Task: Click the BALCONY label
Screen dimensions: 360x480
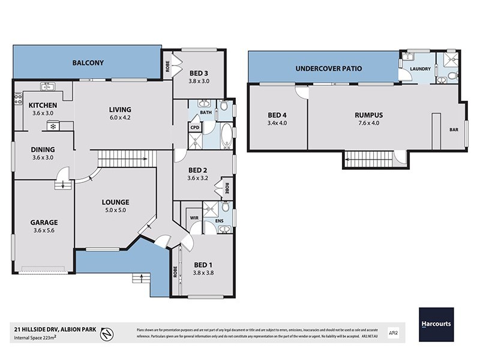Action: click(88, 62)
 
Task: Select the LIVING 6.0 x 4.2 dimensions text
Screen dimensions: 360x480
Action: click(120, 118)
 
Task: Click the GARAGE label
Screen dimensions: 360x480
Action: click(44, 222)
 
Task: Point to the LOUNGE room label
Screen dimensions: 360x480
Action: click(115, 202)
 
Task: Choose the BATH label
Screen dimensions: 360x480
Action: click(206, 112)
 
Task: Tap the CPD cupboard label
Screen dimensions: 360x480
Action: click(194, 127)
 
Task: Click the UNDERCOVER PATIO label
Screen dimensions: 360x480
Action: click(328, 68)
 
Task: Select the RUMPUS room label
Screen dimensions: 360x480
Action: click(368, 115)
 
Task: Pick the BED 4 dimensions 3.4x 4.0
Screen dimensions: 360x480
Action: click(277, 123)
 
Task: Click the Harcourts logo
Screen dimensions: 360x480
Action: click(436, 325)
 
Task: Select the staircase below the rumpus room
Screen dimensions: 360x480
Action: click(367, 159)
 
